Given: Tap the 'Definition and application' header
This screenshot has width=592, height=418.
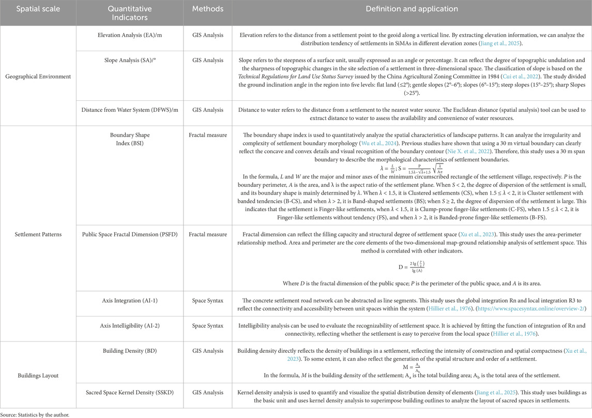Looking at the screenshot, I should (x=412, y=10).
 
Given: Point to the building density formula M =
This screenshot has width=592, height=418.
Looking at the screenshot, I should (x=411, y=368).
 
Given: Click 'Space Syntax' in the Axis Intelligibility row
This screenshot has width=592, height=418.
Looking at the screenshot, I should (x=207, y=326).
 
